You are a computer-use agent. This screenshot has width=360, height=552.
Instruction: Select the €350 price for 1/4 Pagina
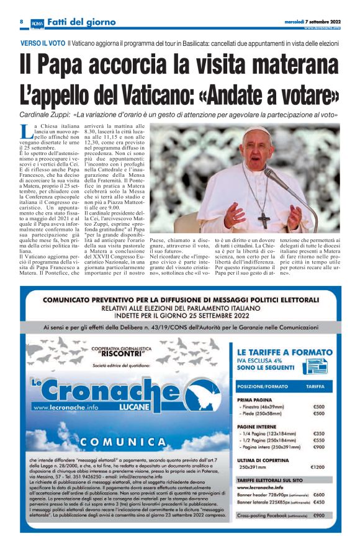pos(319,433)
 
